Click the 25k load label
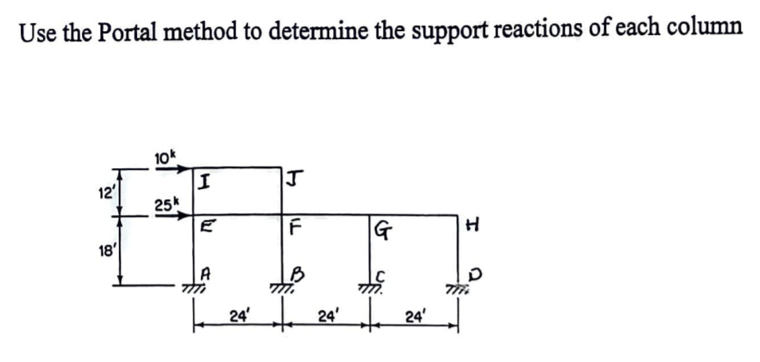point(166,205)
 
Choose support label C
point(382,275)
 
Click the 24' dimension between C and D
point(414,316)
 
